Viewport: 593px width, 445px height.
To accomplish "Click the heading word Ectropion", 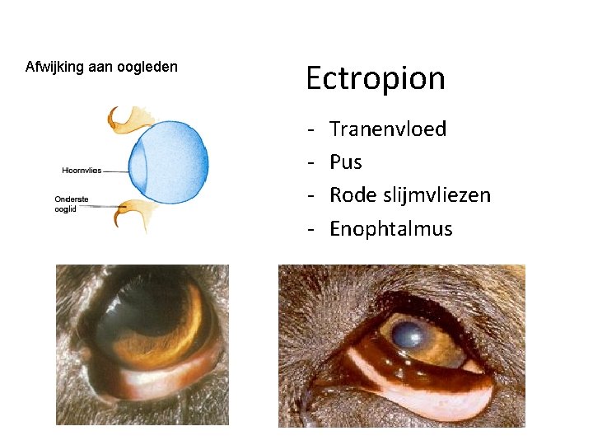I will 375,78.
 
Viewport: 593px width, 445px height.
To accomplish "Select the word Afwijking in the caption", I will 54,67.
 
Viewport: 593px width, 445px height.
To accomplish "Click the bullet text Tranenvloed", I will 387,129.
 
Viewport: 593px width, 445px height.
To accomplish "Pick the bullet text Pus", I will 345,162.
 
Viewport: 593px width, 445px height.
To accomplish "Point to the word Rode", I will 352,195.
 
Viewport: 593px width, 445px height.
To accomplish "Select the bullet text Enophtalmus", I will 390,228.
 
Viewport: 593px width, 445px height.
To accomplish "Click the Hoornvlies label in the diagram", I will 82,171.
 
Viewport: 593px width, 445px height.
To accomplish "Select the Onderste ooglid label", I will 72,204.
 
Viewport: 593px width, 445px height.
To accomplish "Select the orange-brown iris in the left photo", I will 185,330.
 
